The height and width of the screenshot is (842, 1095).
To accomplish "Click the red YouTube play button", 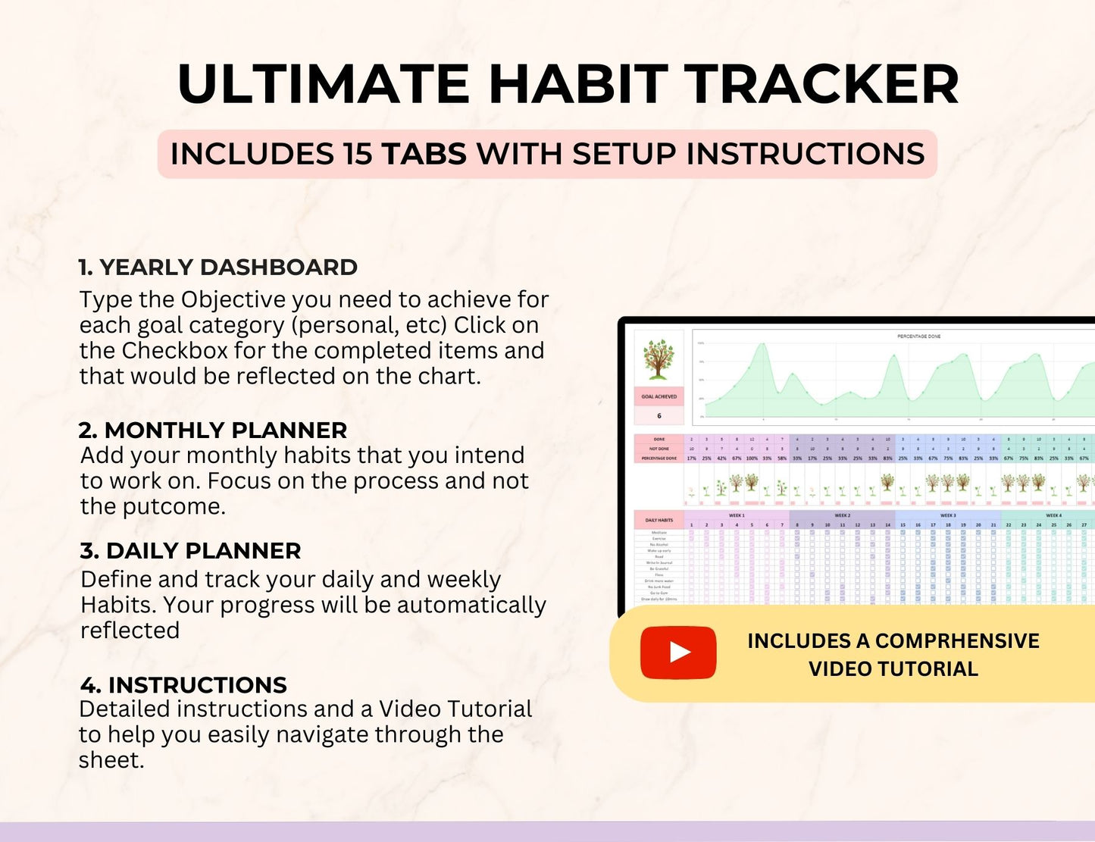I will click(678, 653).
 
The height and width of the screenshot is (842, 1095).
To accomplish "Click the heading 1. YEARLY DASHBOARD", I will click(218, 268).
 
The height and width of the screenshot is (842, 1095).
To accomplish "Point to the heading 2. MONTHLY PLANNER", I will click(213, 430).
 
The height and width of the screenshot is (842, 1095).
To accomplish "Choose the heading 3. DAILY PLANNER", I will click(190, 551).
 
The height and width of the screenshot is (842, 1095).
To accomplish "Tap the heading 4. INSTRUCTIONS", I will click(183, 685).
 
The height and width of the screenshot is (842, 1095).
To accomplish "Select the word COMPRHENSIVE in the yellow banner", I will click(957, 641).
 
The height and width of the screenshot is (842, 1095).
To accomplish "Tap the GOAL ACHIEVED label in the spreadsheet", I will click(659, 396).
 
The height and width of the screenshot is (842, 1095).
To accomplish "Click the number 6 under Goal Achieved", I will click(659, 415).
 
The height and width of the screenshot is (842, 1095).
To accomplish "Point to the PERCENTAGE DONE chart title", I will click(918, 336).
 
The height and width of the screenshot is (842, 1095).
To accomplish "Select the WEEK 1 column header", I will click(736, 515).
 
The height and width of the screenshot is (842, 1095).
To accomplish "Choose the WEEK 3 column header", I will click(947, 515).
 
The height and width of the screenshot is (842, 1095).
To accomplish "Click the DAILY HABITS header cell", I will click(659, 520).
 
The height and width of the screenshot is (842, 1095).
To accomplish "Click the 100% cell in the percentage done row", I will click(751, 458).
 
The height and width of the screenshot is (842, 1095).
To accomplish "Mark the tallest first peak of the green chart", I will click(762, 346).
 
